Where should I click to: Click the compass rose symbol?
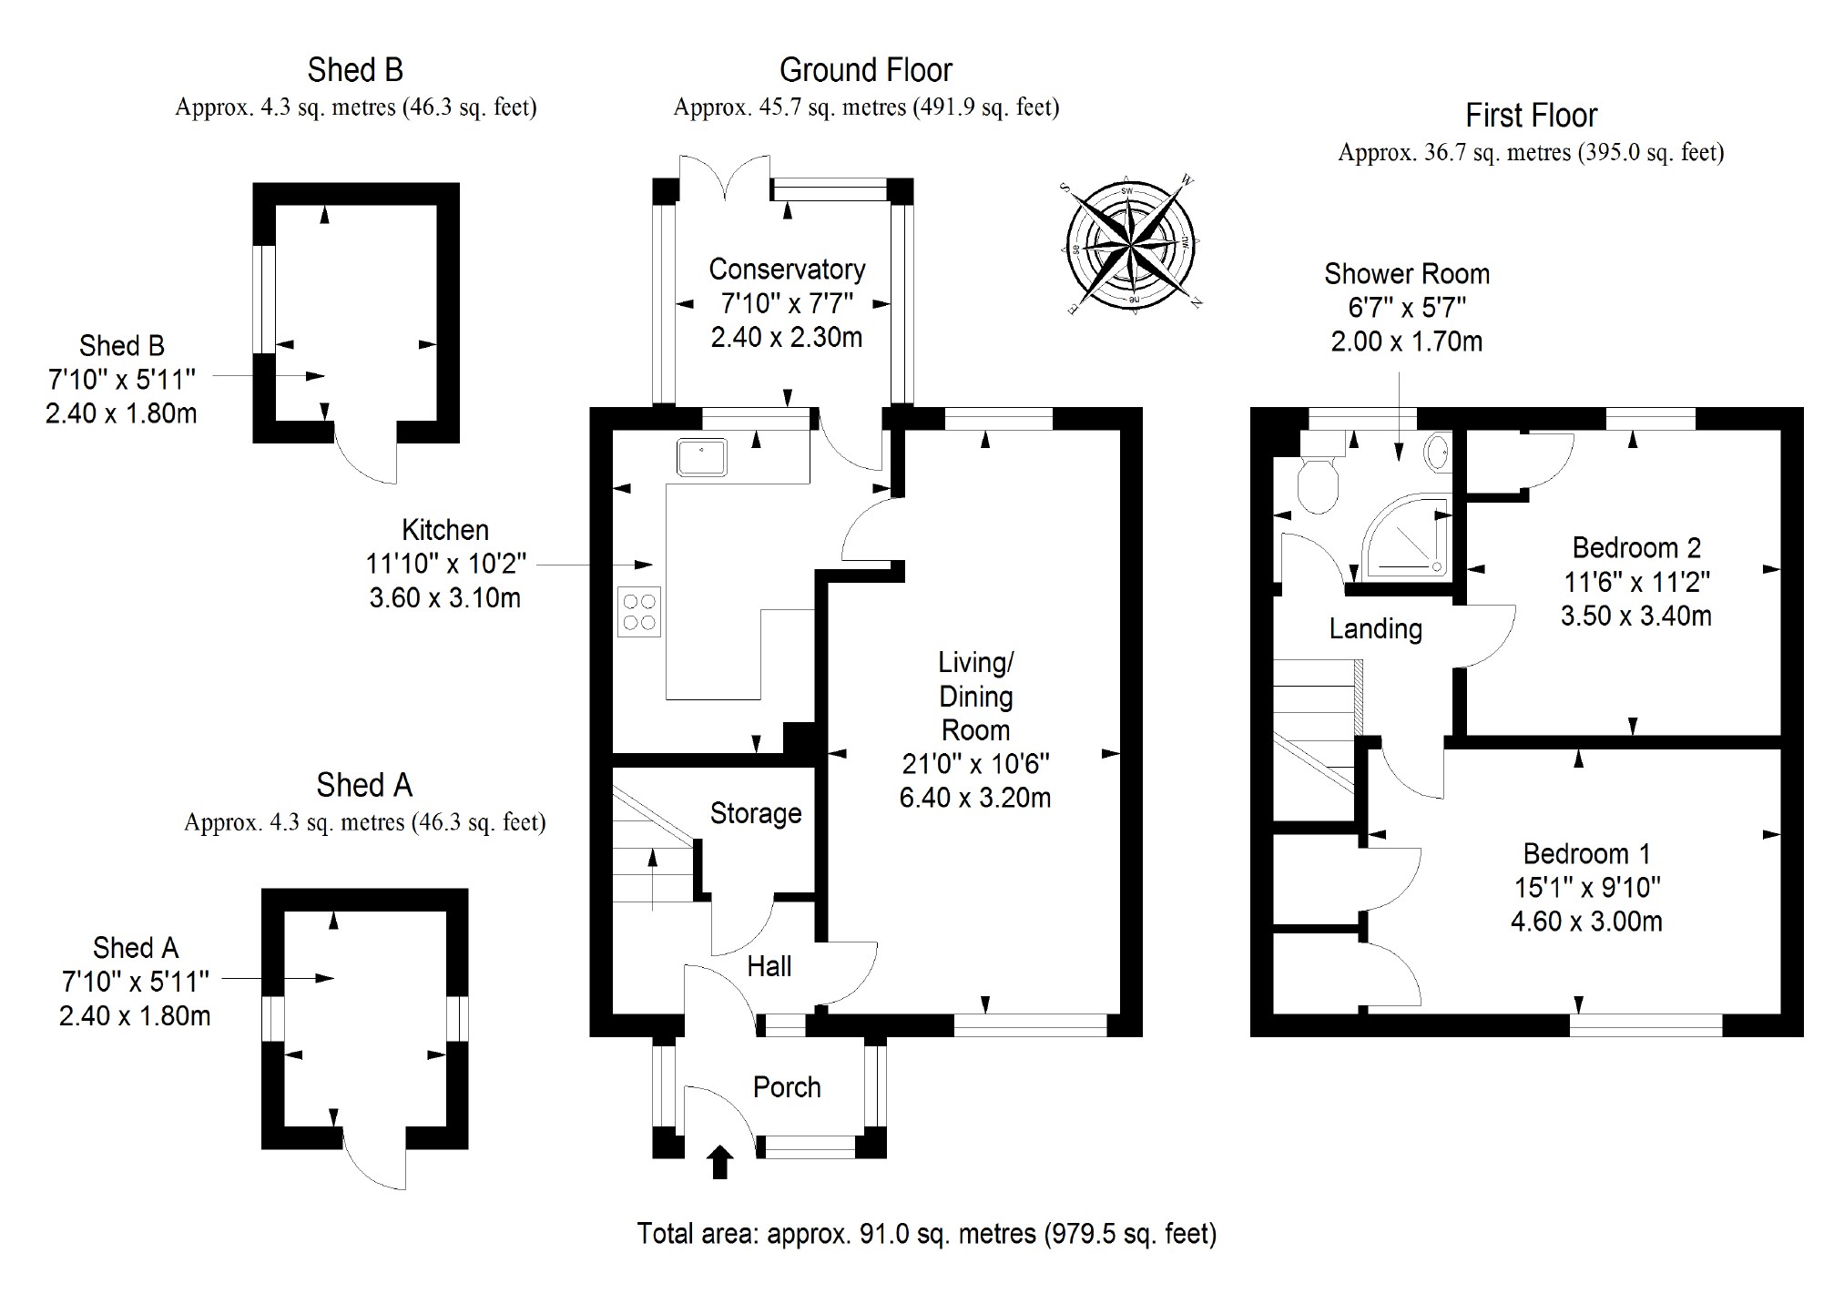pyautogui.click(x=1130, y=245)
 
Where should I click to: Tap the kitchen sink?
pyautogui.click(x=701, y=457)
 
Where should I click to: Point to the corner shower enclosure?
pyautogui.click(x=1403, y=536)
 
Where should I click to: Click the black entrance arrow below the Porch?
pyautogui.click(x=720, y=1162)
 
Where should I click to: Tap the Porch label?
pyautogui.click(x=787, y=1087)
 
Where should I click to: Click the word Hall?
pyautogui.click(x=769, y=966)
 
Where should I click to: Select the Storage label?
pyautogui.click(x=755, y=813)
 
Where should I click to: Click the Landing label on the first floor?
pyautogui.click(x=1375, y=628)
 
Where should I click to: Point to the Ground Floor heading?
pyautogui.click(x=865, y=70)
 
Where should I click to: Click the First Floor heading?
pyautogui.click(x=1531, y=116)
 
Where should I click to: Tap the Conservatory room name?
pyautogui.click(x=787, y=270)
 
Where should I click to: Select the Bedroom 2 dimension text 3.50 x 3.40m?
pyautogui.click(x=1635, y=616)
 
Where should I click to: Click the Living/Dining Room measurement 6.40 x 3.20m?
pyautogui.click(x=974, y=798)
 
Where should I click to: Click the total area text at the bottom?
pyautogui.click(x=926, y=1234)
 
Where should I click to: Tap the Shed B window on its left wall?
pyautogui.click(x=263, y=298)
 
